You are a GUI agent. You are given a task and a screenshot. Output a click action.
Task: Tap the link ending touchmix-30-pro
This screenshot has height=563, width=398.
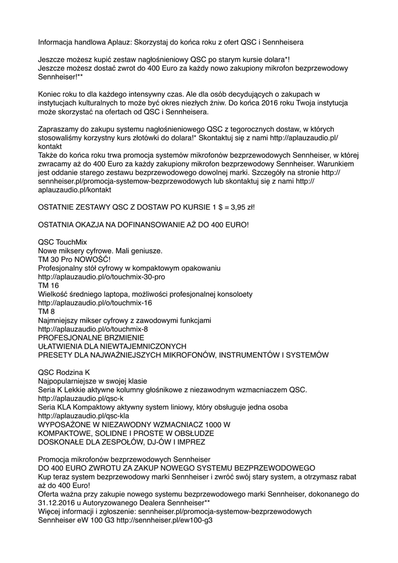click(102, 277)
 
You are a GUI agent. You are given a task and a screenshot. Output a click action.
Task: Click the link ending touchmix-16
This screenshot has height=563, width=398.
click(95, 303)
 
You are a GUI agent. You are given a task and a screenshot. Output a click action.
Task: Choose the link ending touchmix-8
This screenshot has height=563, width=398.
click(93, 329)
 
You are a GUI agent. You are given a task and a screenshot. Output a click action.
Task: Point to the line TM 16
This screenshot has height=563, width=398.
click(48, 285)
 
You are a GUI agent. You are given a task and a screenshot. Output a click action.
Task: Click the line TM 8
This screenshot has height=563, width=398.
click(46, 312)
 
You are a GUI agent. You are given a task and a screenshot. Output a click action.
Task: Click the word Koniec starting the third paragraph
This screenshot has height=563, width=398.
click(50, 94)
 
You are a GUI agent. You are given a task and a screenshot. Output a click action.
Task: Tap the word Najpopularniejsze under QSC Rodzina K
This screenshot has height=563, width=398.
click(71, 381)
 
